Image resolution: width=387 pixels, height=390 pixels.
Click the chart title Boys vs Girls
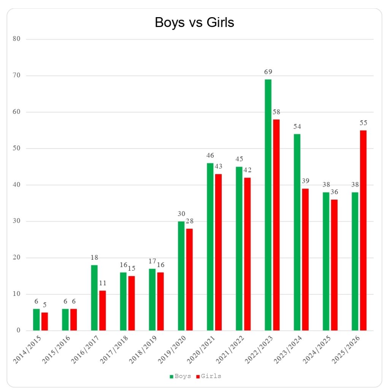pos(194,23)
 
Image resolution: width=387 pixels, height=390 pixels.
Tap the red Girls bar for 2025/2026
pos(363,230)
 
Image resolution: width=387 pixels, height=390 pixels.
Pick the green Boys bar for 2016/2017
pos(94,298)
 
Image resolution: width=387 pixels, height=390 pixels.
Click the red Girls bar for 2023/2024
pos(305,259)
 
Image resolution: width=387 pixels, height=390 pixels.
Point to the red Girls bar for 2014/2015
pos(44,321)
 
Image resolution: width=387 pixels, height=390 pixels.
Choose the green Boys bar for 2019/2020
pos(181,276)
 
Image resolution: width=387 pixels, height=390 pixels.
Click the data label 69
pos(268,72)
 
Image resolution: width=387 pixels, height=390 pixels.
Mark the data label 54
pos(297,126)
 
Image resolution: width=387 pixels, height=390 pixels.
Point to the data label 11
pos(103,283)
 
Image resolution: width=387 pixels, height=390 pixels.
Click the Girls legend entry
pos(209,376)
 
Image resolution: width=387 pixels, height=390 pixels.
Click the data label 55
pos(363,123)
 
